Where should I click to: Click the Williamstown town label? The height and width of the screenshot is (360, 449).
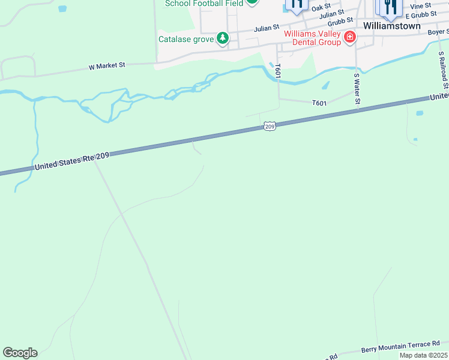tap(392, 26)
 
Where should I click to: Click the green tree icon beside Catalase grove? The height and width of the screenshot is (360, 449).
tap(223, 39)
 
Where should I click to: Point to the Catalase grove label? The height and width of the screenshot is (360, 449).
tap(186, 40)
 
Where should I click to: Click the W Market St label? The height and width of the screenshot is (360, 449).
tap(107, 66)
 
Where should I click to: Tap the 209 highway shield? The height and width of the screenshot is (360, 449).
tap(270, 127)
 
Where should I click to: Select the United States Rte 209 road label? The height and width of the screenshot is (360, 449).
tap(72, 161)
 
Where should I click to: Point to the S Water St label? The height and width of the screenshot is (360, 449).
tap(357, 89)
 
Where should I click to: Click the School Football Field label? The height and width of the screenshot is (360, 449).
tap(204, 3)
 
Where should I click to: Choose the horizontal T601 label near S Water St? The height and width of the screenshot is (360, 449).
tap(319, 103)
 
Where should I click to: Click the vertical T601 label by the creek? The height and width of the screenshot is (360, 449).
tap(277, 71)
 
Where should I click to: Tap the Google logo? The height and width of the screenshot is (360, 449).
tap(20, 353)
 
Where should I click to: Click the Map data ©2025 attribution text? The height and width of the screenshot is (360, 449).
tap(424, 355)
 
